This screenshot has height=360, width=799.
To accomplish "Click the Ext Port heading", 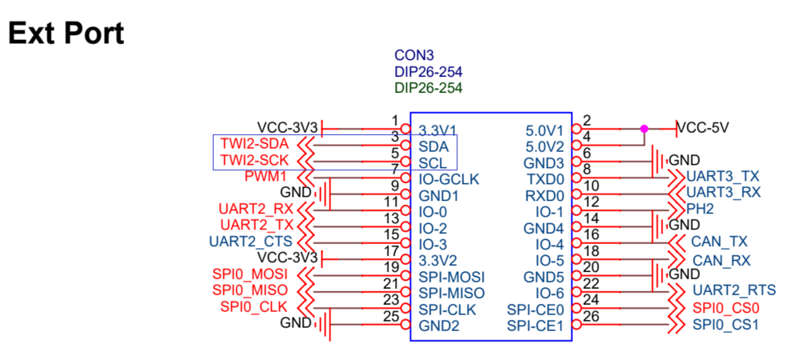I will click(x=66, y=34).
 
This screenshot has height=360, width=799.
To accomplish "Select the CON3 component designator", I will click(x=413, y=56).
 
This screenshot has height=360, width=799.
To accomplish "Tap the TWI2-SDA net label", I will click(x=254, y=145).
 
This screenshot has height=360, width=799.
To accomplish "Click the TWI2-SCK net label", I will click(x=254, y=161).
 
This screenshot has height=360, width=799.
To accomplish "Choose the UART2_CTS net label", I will click(x=250, y=241).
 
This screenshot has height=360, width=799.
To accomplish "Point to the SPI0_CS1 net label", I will click(x=725, y=325).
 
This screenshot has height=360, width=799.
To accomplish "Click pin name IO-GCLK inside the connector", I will click(x=449, y=179).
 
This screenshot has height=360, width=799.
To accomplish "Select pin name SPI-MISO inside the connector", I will click(x=452, y=293).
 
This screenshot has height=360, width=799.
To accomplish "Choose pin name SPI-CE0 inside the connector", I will click(x=535, y=310).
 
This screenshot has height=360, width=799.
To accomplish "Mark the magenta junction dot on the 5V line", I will click(x=644, y=128).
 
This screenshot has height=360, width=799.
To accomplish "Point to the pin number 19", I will click(x=391, y=266).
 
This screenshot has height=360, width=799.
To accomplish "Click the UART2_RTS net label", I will click(x=733, y=290).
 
